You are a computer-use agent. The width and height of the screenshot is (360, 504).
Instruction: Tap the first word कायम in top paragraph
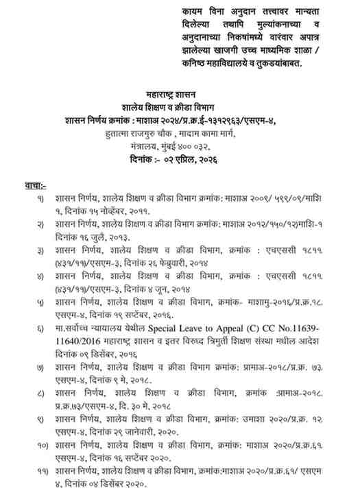click(x=196, y=12)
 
